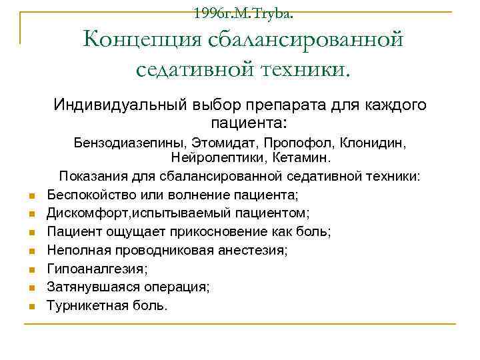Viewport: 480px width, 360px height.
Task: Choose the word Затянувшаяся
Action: (x=87, y=287)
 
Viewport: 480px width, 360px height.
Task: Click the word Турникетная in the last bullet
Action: (x=83, y=305)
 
